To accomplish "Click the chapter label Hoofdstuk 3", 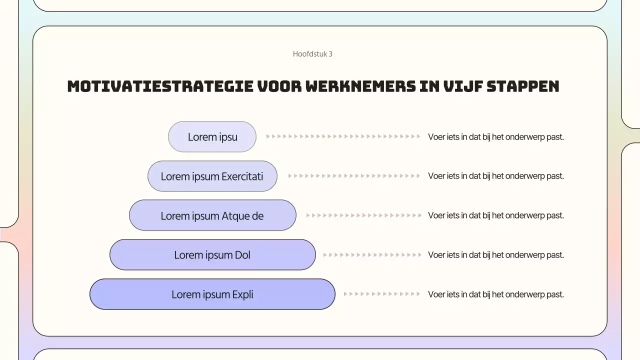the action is click(312, 54).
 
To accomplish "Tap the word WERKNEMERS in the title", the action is click(360, 86).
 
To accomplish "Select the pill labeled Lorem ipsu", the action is click(212, 136).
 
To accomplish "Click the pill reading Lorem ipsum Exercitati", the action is click(212, 176).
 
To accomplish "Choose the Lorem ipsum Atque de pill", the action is click(212, 215).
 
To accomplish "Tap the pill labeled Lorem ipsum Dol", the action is click(212, 255).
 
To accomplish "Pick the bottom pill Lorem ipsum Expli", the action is click(212, 294).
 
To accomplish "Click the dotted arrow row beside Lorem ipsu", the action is click(343, 136).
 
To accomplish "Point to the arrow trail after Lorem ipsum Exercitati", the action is click(354, 176).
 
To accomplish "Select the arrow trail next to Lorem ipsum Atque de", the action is click(363, 215).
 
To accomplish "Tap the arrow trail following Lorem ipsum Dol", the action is click(372, 255).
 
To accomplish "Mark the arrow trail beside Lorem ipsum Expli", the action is click(382, 294).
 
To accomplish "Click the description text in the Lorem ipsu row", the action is click(495, 136).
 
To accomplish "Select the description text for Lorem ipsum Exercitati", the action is click(495, 176).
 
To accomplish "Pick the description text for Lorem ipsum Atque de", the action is click(495, 215).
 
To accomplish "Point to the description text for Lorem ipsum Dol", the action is click(495, 255).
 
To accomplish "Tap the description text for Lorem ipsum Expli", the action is click(495, 294).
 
